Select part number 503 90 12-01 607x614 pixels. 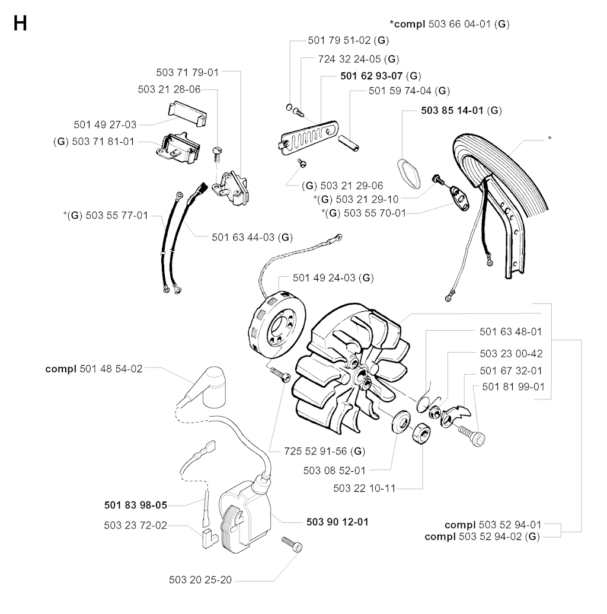coord(337,522)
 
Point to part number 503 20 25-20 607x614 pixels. coord(201,580)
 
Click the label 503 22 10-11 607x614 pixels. coord(364,488)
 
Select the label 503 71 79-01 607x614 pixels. coord(187,72)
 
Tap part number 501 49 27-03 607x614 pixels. coord(105,124)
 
